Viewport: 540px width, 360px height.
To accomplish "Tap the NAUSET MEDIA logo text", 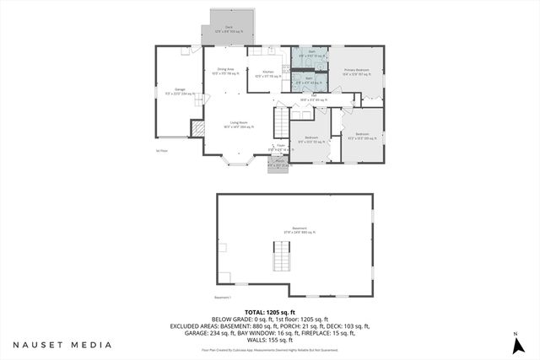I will (x=62, y=345).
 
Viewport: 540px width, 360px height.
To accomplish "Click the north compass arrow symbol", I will (x=515, y=344).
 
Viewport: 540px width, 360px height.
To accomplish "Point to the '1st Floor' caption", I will (x=162, y=150).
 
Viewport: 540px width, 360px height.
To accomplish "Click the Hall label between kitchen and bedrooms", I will (x=316, y=98).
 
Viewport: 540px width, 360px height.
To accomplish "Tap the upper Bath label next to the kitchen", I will (x=311, y=52).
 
